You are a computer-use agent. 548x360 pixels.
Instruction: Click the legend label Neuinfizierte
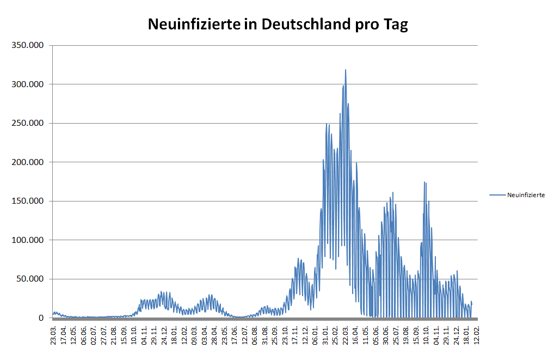coord(526,195)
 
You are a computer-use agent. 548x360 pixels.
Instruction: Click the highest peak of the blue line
coord(345,70)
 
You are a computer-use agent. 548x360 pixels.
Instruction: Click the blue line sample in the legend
coord(497,195)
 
